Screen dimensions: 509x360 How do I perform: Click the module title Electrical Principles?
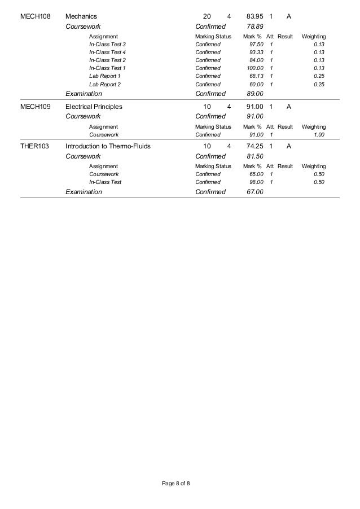coord(94,106)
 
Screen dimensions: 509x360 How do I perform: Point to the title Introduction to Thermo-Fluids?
coord(108,147)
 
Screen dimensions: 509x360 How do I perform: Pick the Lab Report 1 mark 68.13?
coord(256,76)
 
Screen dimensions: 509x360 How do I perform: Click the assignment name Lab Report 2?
coord(105,85)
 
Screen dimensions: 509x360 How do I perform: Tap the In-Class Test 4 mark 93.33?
coord(256,52)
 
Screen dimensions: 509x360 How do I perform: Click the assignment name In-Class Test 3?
coord(107,44)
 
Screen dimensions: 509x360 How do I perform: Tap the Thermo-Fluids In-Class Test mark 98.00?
coord(256,182)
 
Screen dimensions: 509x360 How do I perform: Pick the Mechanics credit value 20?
coord(207,16)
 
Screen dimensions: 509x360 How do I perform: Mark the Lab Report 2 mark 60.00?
coord(256,85)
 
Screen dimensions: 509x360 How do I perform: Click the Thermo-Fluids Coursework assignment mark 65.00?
coord(256,174)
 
